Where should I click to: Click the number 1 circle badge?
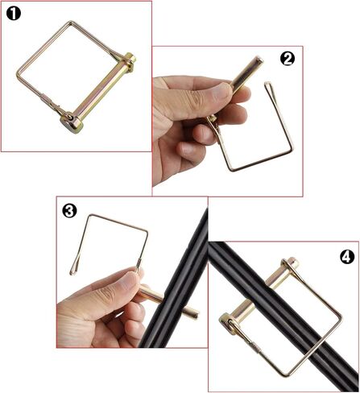[15, 15]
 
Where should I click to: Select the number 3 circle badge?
[70, 211]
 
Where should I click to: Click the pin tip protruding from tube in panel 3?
[194, 311]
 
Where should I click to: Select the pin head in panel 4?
[231, 324]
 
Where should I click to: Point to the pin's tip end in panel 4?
[293, 263]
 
